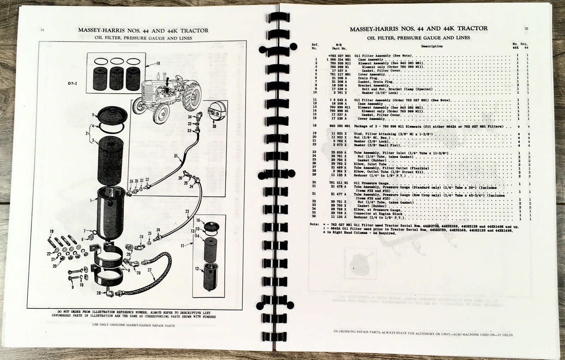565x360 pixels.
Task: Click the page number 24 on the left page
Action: coord(42,30)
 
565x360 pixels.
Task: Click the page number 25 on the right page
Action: coord(527,29)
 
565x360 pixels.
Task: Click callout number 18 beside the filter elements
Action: coord(157,64)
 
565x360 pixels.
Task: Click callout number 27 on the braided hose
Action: coord(150,270)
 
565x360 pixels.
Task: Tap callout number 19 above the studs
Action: coord(52,232)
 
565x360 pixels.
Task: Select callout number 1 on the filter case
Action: coord(91,200)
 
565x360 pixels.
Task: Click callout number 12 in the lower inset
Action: coord(197,269)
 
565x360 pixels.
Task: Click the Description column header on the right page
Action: coord(432,46)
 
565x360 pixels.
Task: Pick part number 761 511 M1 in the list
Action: coord(339,183)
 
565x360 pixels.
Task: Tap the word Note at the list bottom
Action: coord(314,224)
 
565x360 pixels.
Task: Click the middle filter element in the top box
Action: coord(117,77)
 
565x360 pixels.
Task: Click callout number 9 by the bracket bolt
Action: coord(72,287)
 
